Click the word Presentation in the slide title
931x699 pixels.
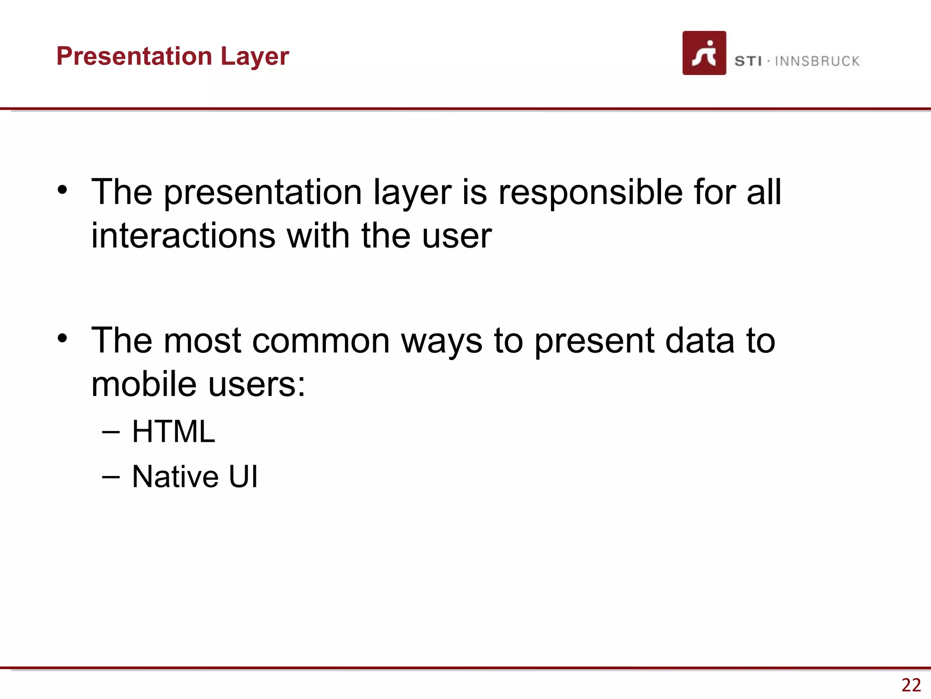135,56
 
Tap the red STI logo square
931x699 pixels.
704,53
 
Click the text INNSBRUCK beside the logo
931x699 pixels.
817,61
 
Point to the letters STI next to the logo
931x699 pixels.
748,61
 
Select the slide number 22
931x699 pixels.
911,685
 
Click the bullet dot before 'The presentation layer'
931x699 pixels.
62,189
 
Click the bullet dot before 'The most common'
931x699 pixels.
62,338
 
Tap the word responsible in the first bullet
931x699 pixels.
590,192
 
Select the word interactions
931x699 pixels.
183,236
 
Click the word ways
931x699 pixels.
441,341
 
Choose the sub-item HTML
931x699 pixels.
173,431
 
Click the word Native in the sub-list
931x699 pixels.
175,476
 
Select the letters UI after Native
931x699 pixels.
243,476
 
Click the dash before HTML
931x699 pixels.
111,432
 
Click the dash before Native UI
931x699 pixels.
111,477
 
